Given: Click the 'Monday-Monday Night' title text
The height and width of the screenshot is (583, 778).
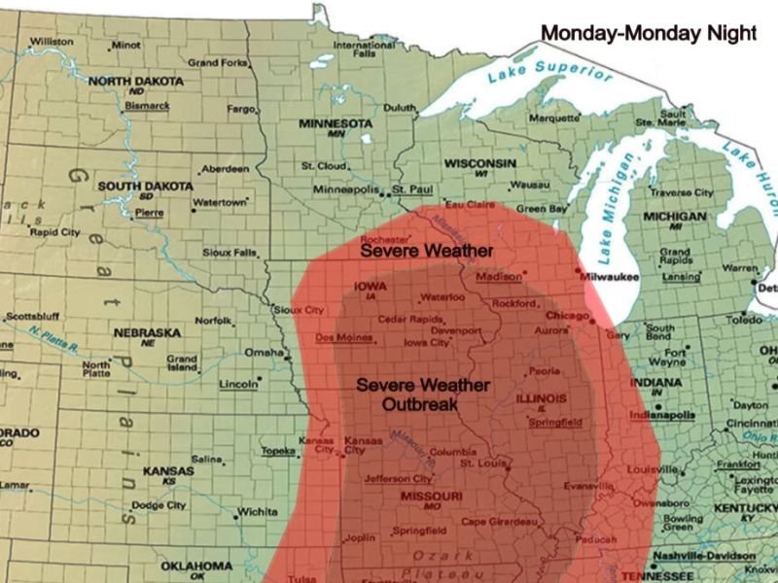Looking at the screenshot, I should [648, 33].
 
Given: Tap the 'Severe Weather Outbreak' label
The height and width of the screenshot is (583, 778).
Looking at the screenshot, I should [423, 394].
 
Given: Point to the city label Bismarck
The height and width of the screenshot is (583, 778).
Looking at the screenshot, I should [147, 105].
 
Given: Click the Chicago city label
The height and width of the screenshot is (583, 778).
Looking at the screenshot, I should [566, 315].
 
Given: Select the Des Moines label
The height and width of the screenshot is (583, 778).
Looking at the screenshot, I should [343, 337].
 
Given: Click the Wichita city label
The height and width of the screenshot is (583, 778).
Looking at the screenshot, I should [257, 511].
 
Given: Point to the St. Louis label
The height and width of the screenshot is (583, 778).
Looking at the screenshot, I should [478, 463].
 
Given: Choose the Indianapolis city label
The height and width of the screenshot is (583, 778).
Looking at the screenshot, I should [662, 415].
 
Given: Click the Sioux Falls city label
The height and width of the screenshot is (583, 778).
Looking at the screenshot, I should [230, 253].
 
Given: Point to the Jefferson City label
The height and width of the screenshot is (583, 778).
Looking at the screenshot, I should [397, 479].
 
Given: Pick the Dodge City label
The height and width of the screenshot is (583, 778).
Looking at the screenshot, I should [159, 505].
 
